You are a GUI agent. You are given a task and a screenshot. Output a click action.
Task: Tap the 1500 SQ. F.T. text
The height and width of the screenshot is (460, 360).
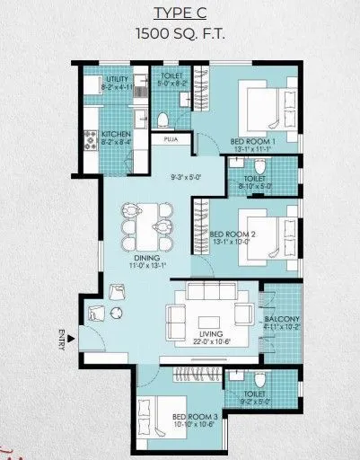[x=180, y=34]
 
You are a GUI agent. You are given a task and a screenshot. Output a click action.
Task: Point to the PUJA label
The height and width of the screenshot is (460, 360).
[x=171, y=140]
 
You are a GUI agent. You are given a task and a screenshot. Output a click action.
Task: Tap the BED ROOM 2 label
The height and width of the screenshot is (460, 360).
[x=250, y=234]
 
